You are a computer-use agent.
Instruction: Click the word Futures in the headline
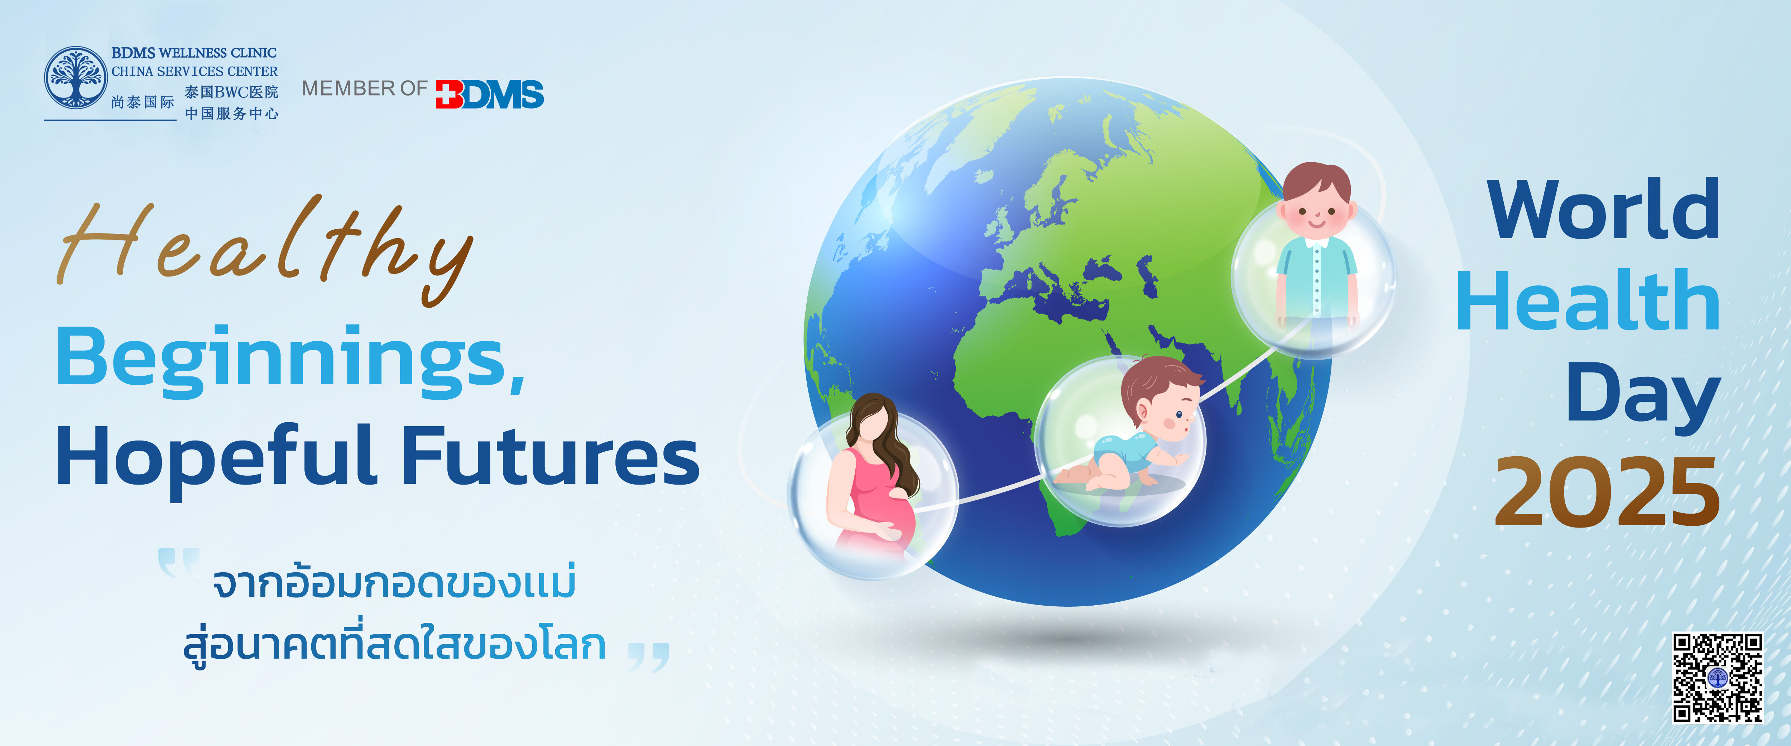[x=551, y=456]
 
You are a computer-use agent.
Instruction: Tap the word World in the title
[x=1603, y=208]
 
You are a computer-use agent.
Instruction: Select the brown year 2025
[x=1608, y=492]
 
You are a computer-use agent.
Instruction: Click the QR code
[x=1717, y=678]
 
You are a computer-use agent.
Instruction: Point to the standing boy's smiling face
[x=1316, y=208]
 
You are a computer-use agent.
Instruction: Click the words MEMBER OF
[x=364, y=88]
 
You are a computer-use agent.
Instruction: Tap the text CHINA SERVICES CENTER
[x=195, y=71]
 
